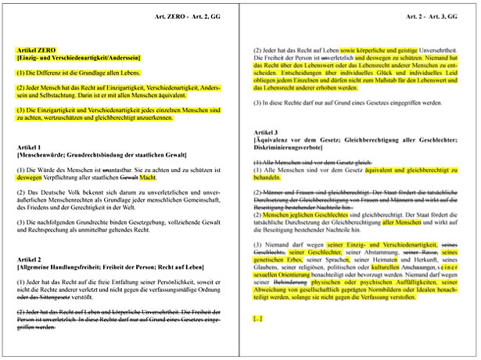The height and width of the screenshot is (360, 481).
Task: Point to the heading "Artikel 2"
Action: [32, 259]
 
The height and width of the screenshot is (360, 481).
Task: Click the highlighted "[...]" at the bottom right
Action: [257, 319]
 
